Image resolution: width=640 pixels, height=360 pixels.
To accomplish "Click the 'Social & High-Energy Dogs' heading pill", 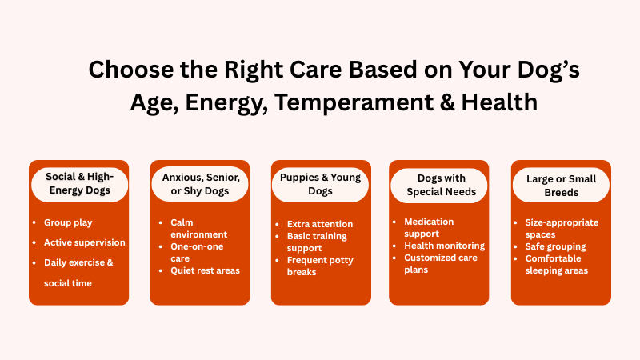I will click(78, 184).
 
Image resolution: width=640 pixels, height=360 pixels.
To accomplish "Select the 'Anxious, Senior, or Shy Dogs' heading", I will click(200, 184).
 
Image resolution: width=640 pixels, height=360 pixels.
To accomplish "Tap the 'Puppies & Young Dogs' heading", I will click(321, 184).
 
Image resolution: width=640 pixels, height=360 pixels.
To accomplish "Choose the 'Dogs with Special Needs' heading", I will click(439, 184).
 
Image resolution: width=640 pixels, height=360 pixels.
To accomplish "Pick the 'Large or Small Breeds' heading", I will click(561, 184).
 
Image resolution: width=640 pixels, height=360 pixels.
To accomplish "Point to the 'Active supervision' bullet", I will click(84, 242).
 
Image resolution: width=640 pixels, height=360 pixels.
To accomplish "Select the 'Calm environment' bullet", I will click(198, 228).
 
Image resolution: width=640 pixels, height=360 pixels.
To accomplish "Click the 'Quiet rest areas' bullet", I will click(205, 270).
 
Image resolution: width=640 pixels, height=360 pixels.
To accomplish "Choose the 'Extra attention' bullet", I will click(320, 224).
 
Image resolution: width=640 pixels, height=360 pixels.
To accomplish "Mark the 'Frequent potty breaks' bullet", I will click(320, 266).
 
